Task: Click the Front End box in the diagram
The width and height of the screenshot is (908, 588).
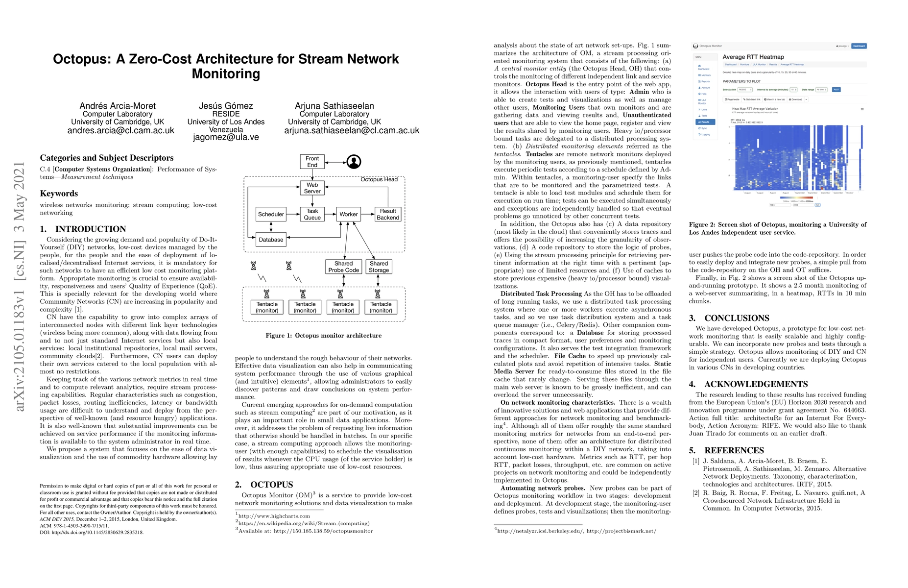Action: pyautogui.click(x=312, y=162)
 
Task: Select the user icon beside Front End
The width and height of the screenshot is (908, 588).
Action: pyautogui.click(x=354, y=162)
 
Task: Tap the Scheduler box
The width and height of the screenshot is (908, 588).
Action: pyautogui.click(x=271, y=214)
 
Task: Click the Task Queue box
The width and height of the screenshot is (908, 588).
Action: pyautogui.click(x=312, y=214)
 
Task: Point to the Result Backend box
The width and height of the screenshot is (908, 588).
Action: pyautogui.click(x=388, y=214)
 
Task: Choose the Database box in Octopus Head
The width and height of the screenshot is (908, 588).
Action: pyautogui.click(x=271, y=240)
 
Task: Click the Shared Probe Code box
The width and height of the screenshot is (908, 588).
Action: pyautogui.click(x=343, y=267)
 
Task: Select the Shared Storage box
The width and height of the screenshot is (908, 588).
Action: pyautogui.click(x=379, y=267)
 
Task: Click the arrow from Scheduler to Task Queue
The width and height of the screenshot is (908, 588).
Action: pyautogui.click(x=293, y=214)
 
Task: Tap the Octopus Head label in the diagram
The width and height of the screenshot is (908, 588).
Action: pyautogui.click(x=379, y=179)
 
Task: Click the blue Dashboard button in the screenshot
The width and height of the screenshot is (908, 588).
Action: pyautogui.click(x=859, y=46)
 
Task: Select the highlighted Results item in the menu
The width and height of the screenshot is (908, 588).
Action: pyautogui.click(x=705, y=122)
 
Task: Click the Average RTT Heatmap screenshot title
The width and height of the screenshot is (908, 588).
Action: pyautogui.click(x=753, y=57)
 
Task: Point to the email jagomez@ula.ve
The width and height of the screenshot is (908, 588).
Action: pyautogui.click(x=226, y=137)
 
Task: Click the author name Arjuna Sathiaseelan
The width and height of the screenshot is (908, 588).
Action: pyautogui.click(x=334, y=106)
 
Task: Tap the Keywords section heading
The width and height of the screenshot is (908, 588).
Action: pyautogui.click(x=59, y=194)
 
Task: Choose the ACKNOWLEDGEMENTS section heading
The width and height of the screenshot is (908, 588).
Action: pyautogui.click(x=756, y=384)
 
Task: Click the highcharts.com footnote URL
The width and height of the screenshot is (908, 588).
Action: pyautogui.click(x=274, y=515)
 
